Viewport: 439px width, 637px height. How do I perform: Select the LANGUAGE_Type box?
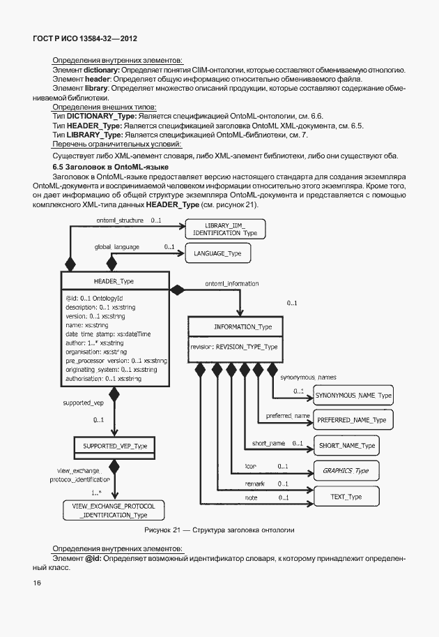tap(217, 253)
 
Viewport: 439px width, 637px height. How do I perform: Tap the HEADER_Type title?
tap(114, 280)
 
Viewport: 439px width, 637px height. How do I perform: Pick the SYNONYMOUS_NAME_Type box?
tap(353, 396)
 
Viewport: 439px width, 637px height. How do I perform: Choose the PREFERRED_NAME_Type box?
tap(351, 420)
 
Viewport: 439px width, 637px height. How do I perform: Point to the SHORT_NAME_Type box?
tap(346, 445)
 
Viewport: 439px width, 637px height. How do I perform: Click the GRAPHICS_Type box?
tap(346, 470)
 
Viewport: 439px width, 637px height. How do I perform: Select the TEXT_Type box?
tap(346, 497)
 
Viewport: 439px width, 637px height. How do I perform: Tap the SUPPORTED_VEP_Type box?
tap(115, 445)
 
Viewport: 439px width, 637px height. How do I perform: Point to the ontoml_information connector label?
tap(232, 284)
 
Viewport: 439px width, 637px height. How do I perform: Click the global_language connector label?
tap(117, 247)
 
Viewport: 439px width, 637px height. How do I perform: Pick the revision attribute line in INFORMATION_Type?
tap(234, 346)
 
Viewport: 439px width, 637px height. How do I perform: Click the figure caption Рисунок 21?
tap(219, 530)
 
